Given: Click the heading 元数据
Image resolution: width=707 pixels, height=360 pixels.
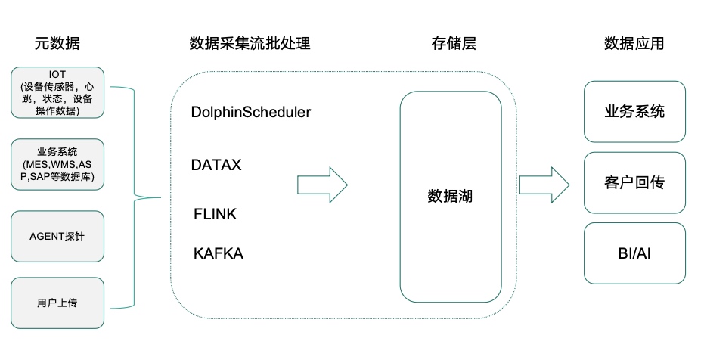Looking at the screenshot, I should pyautogui.click(x=57, y=43).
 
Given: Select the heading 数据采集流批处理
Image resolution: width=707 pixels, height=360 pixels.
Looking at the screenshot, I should pyautogui.click(x=250, y=43).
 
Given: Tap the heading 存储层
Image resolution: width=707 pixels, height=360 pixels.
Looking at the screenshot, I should pyautogui.click(x=451, y=43).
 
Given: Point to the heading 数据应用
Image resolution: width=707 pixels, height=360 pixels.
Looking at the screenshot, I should pyautogui.click(x=634, y=43).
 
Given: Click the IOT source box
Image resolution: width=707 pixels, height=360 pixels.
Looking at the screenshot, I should pyautogui.click(x=57, y=92).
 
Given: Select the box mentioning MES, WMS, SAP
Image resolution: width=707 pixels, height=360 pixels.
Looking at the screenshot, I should pyautogui.click(x=57, y=163).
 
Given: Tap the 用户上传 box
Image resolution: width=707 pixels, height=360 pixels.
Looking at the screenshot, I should pyautogui.click(x=57, y=303).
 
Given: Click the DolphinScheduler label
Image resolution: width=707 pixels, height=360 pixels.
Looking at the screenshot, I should pyautogui.click(x=251, y=112).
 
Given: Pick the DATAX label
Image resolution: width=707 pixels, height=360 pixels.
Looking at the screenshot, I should pyautogui.click(x=216, y=164).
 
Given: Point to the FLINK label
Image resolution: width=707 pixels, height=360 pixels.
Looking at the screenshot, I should pyautogui.click(x=215, y=214).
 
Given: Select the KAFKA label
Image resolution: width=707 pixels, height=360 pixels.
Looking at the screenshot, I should pyautogui.click(x=218, y=253).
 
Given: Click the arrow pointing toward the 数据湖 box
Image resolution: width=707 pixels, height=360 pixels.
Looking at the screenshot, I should pyautogui.click(x=321, y=185).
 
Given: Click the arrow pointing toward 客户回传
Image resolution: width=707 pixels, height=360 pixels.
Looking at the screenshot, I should pyautogui.click(x=544, y=185).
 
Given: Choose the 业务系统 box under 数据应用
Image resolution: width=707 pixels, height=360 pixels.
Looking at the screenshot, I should pyautogui.click(x=634, y=112).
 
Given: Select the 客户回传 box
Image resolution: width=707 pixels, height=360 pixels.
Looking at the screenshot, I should pyautogui.click(x=634, y=182).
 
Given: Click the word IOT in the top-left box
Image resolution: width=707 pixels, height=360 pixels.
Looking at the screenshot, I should pyautogui.click(x=57, y=74).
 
